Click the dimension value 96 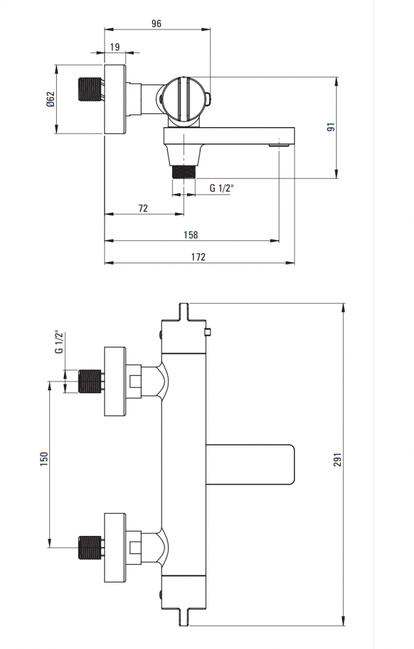(156, 23)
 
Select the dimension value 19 (115, 47)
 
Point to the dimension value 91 (332, 127)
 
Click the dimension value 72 (143, 208)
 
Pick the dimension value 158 (191, 235)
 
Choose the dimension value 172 (198, 257)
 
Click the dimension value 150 (44, 458)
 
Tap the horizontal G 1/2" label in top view (222, 188)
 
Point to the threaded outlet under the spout (184, 172)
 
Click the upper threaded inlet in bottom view (90, 381)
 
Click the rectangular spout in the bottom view (251, 463)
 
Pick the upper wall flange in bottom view (115, 381)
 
